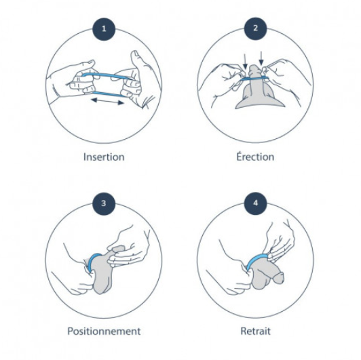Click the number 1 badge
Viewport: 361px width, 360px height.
click(104, 29)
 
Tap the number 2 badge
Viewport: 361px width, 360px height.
click(255, 28)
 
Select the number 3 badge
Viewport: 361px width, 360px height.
click(104, 203)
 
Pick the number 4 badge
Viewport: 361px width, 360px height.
click(255, 203)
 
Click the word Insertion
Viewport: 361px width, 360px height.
click(104, 157)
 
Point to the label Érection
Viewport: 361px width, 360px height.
click(255, 157)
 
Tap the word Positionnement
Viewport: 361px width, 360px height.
click(104, 332)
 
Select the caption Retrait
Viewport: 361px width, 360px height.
click(255, 332)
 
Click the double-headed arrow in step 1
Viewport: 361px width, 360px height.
click(107, 101)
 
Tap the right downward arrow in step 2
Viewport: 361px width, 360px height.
click(261, 58)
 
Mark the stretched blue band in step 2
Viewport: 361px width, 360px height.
click(254, 78)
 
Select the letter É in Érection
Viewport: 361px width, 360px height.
click(240, 156)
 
